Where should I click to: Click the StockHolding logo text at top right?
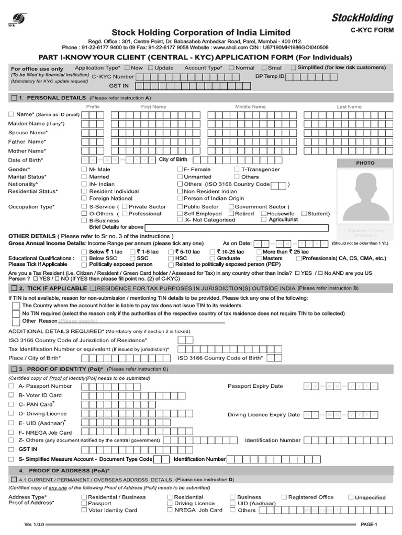coord(362,18)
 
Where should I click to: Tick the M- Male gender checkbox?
coord(84,169)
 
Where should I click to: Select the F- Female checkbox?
coord(180,169)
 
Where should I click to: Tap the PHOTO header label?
coord(365,163)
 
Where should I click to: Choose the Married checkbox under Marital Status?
coord(84,177)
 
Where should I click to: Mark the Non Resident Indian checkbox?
coord(180,191)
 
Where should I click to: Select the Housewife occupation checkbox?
coord(263,213)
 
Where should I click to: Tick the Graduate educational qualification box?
coord(213,258)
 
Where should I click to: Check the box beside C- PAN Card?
coord(12,404)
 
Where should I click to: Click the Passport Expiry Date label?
coord(255,386)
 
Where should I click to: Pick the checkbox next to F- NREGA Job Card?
coord(12,433)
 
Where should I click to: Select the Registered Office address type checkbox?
coord(284,497)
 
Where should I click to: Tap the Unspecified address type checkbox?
coord(351,497)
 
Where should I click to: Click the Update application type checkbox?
coord(151,68)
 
